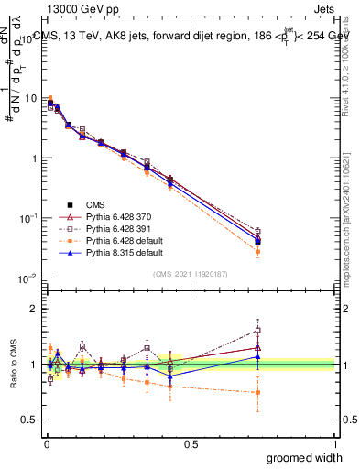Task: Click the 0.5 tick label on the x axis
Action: [x=190, y=443]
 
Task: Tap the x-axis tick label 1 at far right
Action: [x=334, y=443]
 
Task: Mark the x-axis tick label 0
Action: [x=46, y=443]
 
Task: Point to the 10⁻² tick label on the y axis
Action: [x=29, y=278]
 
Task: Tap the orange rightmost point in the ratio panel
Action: [x=258, y=392]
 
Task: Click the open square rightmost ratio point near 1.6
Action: [x=258, y=330]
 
